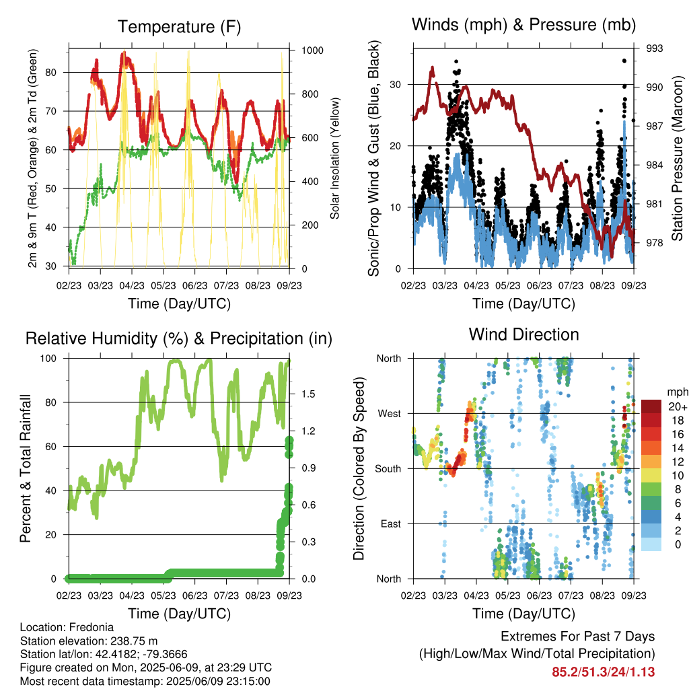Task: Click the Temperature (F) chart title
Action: [x=179, y=27]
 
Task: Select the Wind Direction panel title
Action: [x=523, y=334]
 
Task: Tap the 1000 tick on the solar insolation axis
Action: [x=312, y=50]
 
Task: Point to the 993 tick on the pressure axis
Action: [x=654, y=48]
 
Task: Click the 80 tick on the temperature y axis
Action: [x=51, y=73]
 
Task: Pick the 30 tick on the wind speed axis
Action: [x=396, y=84]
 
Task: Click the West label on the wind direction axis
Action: [x=390, y=414]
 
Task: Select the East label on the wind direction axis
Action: [x=391, y=523]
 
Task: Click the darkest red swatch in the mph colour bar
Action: [x=651, y=406]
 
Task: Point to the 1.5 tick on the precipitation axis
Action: [x=308, y=394]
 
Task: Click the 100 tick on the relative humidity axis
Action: [x=48, y=359]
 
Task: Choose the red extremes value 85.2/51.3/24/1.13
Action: [x=604, y=672]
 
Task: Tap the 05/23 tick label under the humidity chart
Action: [x=164, y=595]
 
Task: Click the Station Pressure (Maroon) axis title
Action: [x=677, y=158]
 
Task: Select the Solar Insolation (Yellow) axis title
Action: [x=335, y=158]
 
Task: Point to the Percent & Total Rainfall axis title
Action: [x=26, y=468]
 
